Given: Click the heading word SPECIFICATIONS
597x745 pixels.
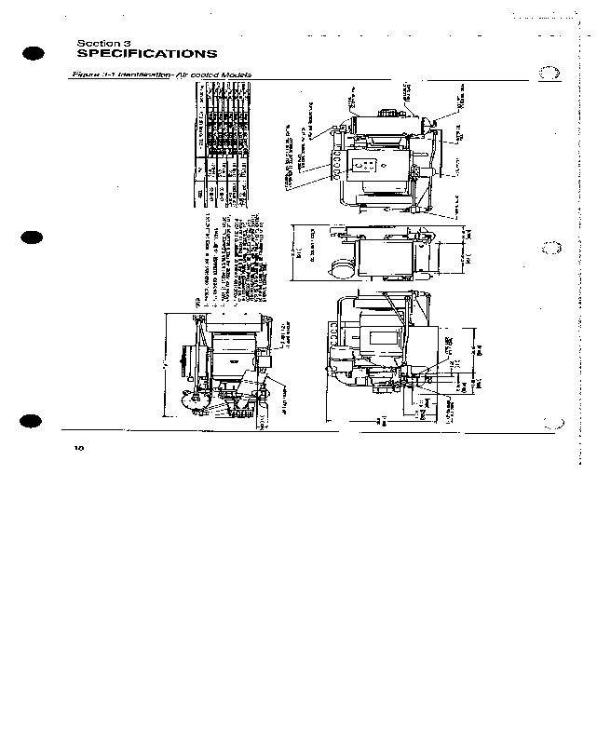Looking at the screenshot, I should (x=146, y=54).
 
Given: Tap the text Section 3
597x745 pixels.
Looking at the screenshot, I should (x=98, y=43).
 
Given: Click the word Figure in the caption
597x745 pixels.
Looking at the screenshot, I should (x=87, y=75).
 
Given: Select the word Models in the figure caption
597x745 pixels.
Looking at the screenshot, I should (x=235, y=75).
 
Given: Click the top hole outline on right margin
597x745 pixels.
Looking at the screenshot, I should (x=550, y=75).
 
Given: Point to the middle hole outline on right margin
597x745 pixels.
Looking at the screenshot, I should (x=550, y=250).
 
